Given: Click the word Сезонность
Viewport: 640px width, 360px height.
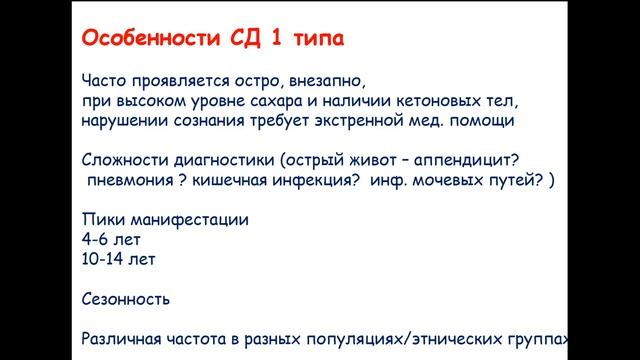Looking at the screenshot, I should [126, 298].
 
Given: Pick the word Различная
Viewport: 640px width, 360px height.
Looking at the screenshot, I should [122, 338].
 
